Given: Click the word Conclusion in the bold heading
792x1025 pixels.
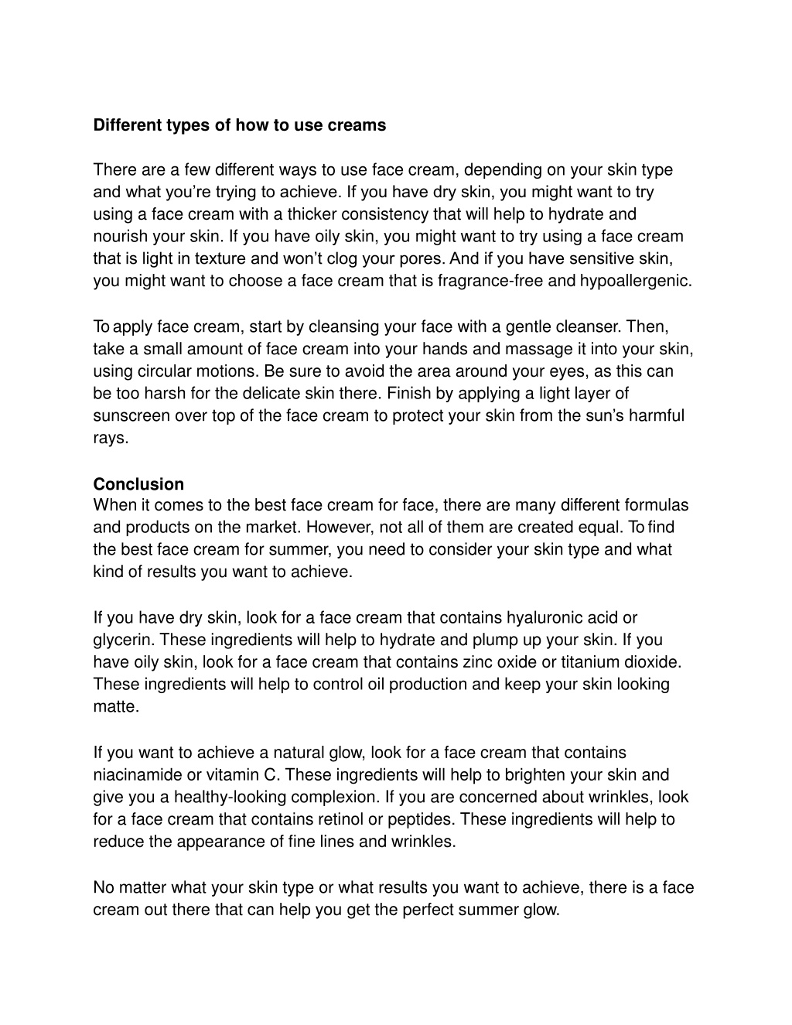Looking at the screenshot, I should [138, 484].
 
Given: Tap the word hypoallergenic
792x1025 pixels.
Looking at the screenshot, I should [636, 281].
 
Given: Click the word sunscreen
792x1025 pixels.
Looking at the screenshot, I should [131, 415].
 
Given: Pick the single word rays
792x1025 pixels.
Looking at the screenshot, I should [110, 438].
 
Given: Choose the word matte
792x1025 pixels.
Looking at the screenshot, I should [115, 707].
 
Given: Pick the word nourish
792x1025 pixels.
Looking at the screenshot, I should [121, 236].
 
